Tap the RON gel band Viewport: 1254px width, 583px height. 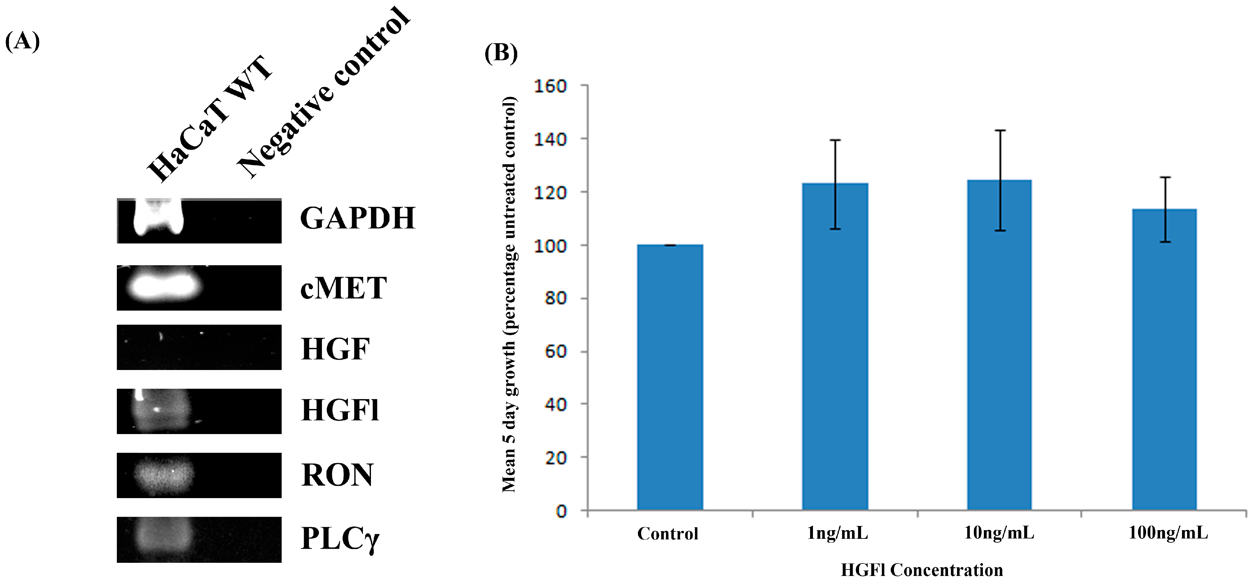point(164,475)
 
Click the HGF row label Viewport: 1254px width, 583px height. point(335,349)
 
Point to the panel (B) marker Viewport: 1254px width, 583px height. point(501,53)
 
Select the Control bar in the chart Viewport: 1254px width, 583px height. point(670,377)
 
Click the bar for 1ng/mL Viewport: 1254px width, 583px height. point(835,347)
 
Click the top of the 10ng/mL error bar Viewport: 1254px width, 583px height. point(1000,130)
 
